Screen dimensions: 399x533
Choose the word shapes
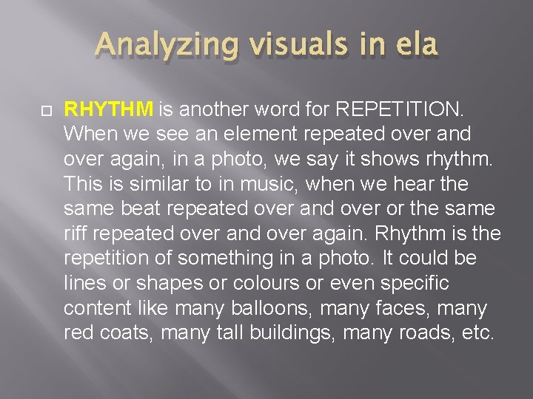(x=163, y=284)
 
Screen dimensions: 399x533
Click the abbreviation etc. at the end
(x=477, y=333)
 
